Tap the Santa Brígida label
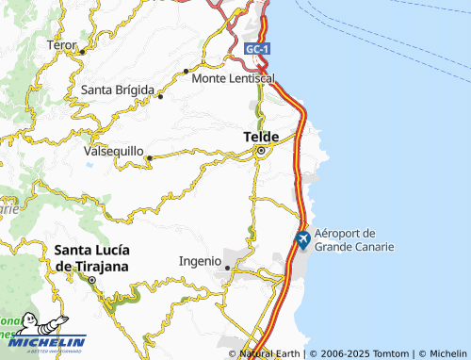point(118,90)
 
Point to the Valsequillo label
point(113,151)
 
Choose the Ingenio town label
point(200,260)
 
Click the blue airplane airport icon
point(302,240)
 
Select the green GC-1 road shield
point(256,48)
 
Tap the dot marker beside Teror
point(82,51)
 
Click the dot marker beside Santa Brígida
point(161,95)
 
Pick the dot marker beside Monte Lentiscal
point(187,71)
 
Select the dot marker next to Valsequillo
point(149,157)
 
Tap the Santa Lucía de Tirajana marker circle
point(92,281)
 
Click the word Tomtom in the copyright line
point(392,353)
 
